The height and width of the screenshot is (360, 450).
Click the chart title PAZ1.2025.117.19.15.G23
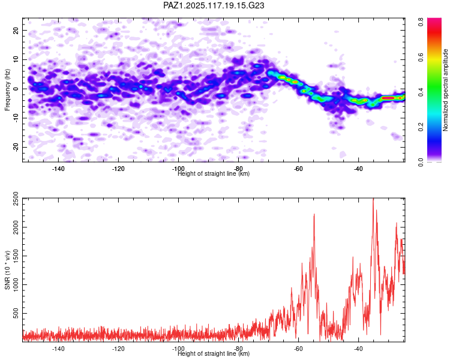click(x=214, y=5)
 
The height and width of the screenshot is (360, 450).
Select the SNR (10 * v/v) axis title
click(x=7, y=270)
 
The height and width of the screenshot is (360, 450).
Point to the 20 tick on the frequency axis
click(x=16, y=30)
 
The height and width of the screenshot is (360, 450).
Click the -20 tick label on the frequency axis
click(x=15, y=148)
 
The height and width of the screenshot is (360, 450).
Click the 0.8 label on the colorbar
click(x=422, y=20)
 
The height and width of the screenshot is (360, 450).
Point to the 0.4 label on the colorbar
click(x=422, y=91)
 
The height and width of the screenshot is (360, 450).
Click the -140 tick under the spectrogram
click(x=58, y=169)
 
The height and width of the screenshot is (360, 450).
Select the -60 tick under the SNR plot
click(x=298, y=349)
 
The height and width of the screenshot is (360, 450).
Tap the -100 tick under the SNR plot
click(x=178, y=349)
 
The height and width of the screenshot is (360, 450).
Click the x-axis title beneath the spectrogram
click(x=214, y=174)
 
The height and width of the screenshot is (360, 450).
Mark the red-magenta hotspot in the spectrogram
click(x=388, y=97)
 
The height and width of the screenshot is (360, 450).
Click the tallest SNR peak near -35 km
click(x=373, y=199)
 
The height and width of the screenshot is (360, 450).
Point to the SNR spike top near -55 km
click(x=314, y=214)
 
